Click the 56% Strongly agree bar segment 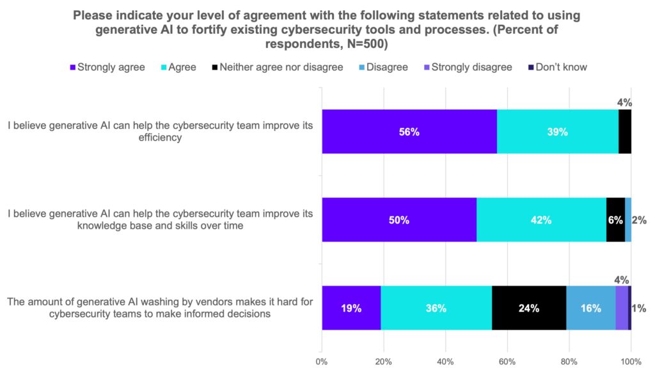point(409,132)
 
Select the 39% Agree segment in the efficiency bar point(557,132)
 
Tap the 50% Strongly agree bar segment point(399,220)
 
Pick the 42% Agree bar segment point(541,220)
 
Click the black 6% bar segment point(615,220)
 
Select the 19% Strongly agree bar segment point(351,308)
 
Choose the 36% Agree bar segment point(436,308)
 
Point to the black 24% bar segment point(529,308)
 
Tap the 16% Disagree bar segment point(590,308)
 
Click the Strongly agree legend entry point(107,66)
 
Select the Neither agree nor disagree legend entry point(276,66)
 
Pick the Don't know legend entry point(556,66)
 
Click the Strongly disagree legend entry point(466,66)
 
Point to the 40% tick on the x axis point(445,361)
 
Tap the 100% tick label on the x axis point(631,361)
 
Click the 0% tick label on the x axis point(322,361)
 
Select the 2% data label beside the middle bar point(639,220)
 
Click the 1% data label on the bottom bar point(639,308)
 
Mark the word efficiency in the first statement point(160,137)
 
